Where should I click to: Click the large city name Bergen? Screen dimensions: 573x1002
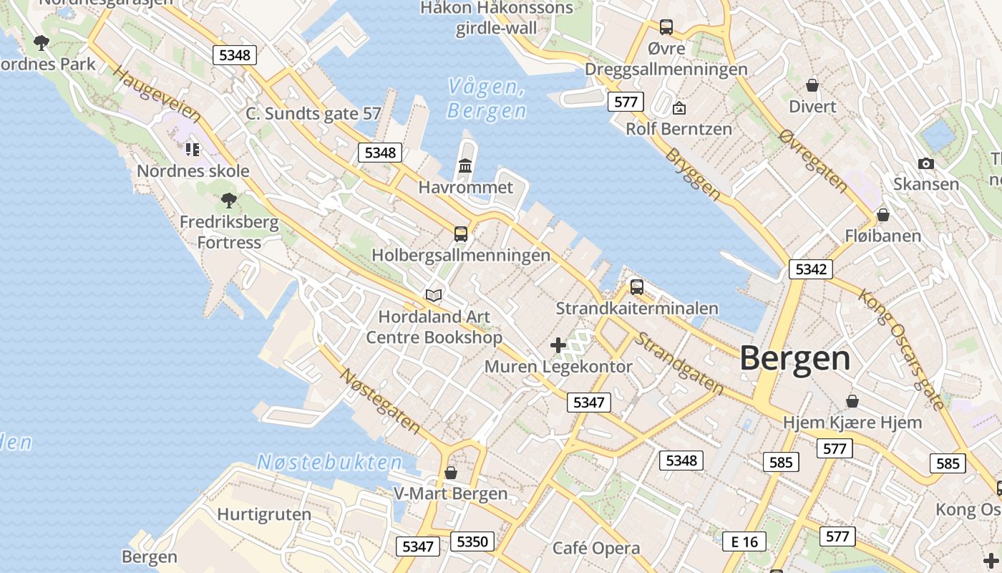point(794,357)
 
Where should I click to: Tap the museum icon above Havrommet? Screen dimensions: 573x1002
point(465,166)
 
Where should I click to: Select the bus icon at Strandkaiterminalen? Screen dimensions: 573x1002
point(637,287)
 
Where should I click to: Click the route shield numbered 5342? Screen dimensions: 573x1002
point(811,269)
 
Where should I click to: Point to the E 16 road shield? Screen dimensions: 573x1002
point(744,541)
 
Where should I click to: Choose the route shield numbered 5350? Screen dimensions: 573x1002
point(472,541)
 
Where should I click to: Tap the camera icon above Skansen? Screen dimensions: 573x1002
point(926,164)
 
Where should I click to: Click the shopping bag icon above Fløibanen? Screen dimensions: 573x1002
point(883,215)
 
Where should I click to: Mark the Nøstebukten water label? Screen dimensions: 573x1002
point(330,462)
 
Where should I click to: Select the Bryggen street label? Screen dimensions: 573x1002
point(693,174)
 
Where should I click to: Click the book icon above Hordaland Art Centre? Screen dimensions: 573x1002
point(434,295)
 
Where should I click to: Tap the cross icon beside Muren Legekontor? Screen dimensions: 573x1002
point(558,345)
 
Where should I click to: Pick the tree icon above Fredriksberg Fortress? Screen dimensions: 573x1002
point(229,201)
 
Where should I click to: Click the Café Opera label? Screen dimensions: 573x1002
point(596,549)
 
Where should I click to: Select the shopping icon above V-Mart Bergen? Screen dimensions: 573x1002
point(451,473)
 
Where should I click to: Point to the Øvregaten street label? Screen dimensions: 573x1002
point(814,161)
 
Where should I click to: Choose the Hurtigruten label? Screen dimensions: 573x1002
point(264,514)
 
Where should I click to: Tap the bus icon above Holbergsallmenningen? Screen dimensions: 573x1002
point(461,234)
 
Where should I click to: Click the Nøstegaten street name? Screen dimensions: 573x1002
point(379,401)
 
